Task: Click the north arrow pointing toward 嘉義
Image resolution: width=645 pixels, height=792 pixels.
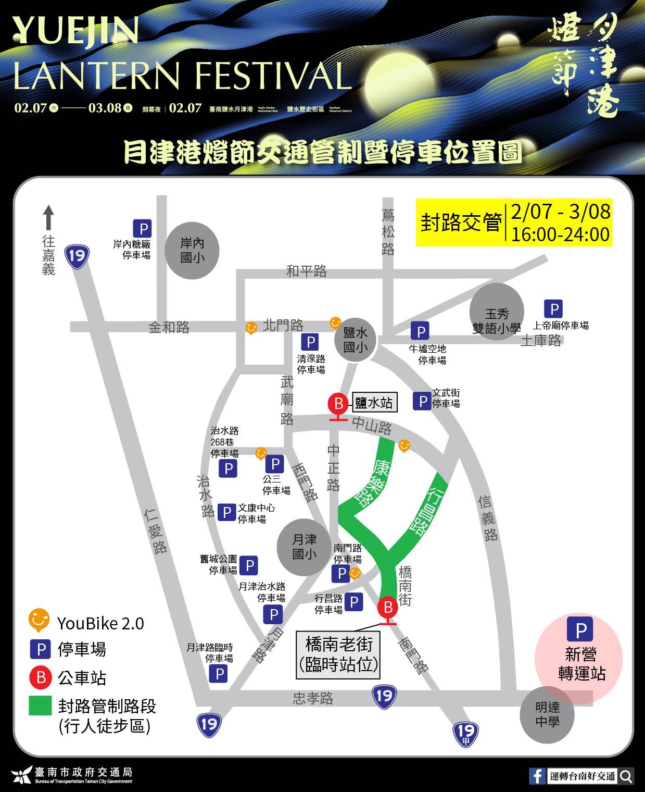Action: tap(48, 217)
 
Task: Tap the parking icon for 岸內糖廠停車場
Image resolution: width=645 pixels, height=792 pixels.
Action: tap(142, 229)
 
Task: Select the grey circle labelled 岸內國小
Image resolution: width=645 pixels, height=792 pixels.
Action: tap(192, 251)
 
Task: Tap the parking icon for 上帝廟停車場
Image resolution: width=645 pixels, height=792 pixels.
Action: tap(553, 309)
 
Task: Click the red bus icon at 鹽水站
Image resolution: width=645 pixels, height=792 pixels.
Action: tap(339, 404)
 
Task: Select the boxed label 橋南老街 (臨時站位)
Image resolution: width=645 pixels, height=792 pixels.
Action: tap(339, 655)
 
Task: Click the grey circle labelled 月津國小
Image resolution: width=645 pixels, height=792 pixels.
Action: tap(305, 547)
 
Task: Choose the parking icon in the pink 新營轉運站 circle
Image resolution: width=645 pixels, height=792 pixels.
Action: tap(580, 630)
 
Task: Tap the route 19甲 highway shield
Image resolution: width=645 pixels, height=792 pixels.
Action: tap(465, 734)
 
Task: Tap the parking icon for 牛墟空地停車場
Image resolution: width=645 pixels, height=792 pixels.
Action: tap(420, 331)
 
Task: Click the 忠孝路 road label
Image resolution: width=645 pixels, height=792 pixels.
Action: tap(312, 698)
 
